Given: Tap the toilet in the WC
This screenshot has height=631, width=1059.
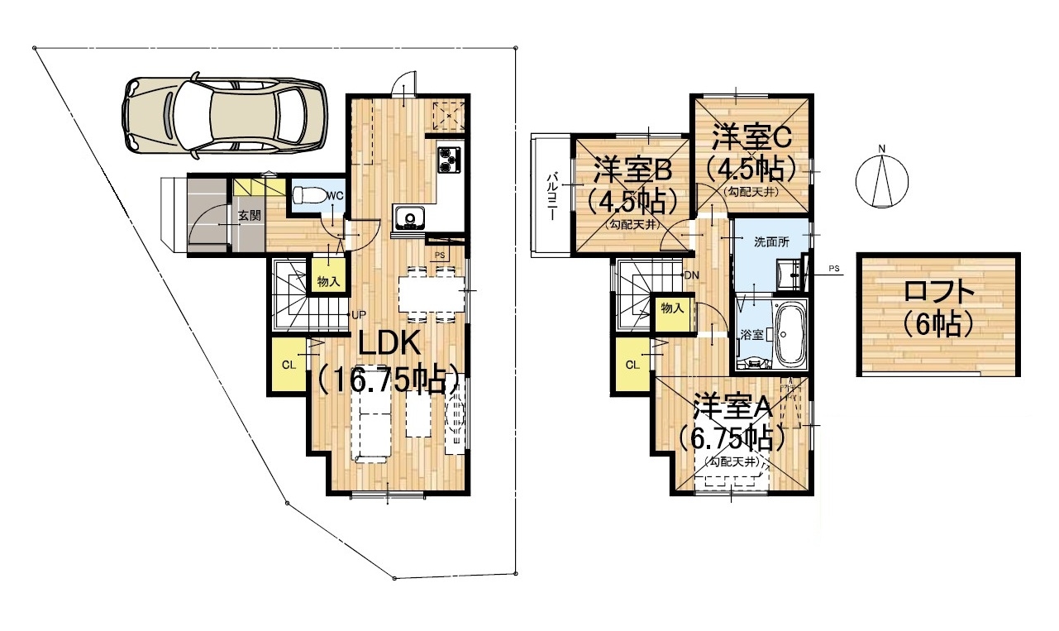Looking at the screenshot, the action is coord(308,194).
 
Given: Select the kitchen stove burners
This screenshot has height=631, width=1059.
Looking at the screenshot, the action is coord(448,160).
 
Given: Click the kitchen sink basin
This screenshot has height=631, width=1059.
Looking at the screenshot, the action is coord(409,218).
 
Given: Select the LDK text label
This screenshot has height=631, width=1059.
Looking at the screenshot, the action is coord(389,343).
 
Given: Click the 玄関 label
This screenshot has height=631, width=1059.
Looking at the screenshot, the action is coord(249,216).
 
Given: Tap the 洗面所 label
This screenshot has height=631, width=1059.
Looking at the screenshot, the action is coord(771,241).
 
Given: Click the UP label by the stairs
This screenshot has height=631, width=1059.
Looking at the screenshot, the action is coord(359,314).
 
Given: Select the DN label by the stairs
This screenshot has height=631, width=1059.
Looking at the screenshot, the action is coord(692,275).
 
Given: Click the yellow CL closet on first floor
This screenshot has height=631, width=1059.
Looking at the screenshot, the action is coord(288,364).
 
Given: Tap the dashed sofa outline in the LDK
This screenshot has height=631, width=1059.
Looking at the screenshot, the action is coord(370,425).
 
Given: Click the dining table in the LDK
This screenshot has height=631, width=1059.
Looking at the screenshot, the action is coord(432,294).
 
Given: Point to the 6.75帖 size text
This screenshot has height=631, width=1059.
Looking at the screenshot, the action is coord(732,438).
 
